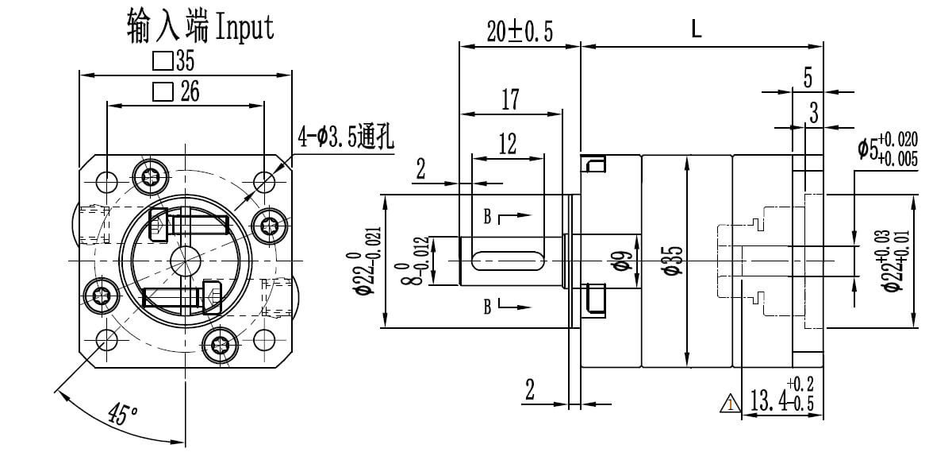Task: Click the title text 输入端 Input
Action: point(200,26)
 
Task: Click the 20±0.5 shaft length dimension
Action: point(519,31)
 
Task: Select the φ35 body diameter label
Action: point(673,261)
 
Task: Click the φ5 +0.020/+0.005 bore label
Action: point(886,151)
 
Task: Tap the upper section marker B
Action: point(489,215)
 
